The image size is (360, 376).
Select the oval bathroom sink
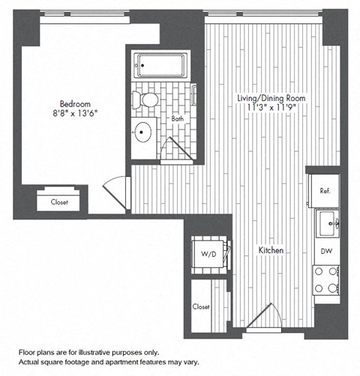[x=142, y=133]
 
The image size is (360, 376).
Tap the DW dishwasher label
[x=327, y=251]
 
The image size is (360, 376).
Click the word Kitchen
[x=271, y=250]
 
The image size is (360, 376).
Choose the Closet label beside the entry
[x=201, y=307]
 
